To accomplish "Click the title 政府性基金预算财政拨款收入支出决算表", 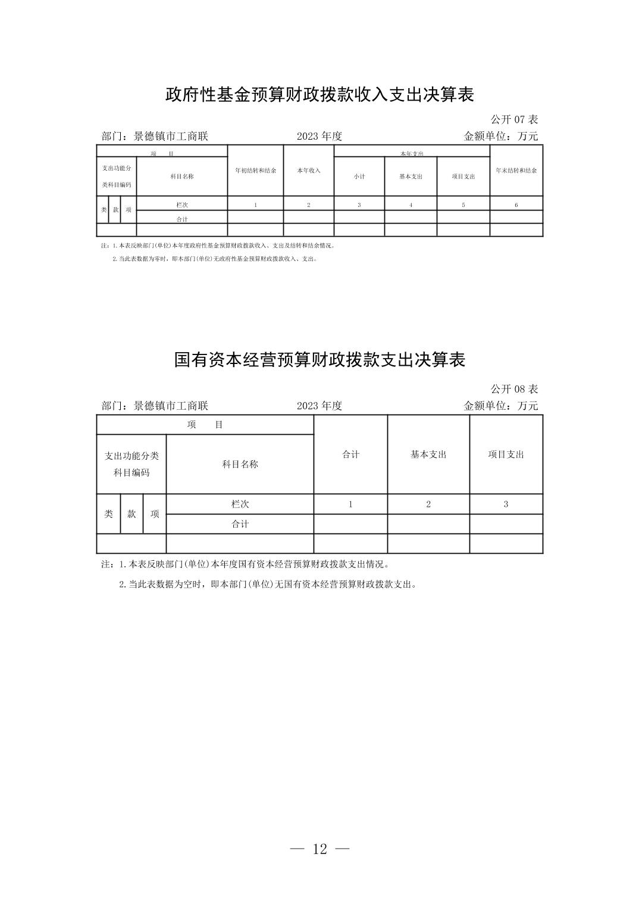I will [319, 94].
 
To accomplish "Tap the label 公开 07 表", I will [514, 120].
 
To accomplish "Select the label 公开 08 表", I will [514, 389].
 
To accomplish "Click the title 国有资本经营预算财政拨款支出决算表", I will [319, 359].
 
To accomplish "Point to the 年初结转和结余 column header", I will [255, 171].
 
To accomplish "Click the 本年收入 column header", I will [309, 171].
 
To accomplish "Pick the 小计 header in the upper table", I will [359, 177].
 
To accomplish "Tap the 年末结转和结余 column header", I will [516, 171].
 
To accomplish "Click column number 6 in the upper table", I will [516, 205].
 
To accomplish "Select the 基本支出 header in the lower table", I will [428, 454].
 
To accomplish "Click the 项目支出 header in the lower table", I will [506, 454].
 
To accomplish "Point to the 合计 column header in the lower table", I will [350, 454].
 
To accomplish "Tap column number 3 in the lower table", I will [506, 504].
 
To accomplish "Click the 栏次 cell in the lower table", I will [240, 504].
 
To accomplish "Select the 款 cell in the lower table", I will [131, 514].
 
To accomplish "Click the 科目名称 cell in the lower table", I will [240, 464].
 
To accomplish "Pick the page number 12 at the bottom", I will [319, 849].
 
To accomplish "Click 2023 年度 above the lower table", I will [319, 406].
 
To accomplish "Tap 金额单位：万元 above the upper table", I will [500, 136].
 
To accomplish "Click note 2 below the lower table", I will [268, 584].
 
